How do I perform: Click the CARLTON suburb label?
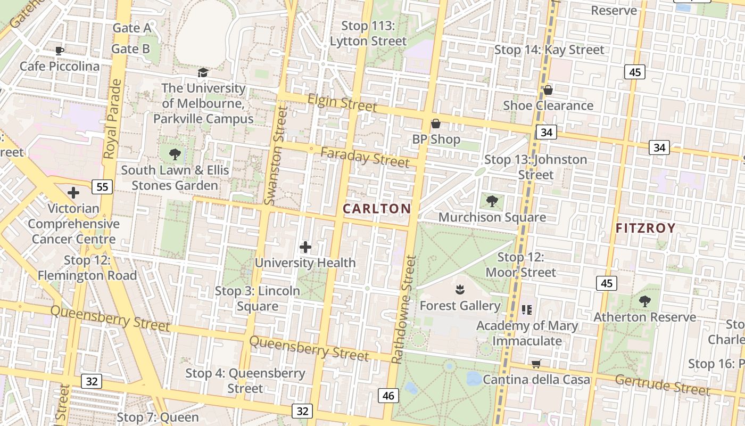pyautogui.click(x=377, y=209)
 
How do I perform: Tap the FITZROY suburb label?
pyautogui.click(x=645, y=228)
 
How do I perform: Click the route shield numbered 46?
pyautogui.click(x=388, y=395)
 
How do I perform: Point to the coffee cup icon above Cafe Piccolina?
pyautogui.click(x=60, y=51)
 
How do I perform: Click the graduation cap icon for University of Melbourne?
pyautogui.click(x=203, y=72)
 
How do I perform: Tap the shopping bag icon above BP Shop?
pyautogui.click(x=436, y=124)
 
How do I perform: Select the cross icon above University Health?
pyautogui.click(x=305, y=247)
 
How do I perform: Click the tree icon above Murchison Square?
pyautogui.click(x=492, y=201)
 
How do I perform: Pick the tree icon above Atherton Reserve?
pyautogui.click(x=645, y=301)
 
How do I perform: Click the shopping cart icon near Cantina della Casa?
pyautogui.click(x=536, y=364)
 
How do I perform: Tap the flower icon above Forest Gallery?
pyautogui.click(x=459, y=290)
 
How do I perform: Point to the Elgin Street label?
pyautogui.click(x=342, y=102)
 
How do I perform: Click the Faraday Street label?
pyautogui.click(x=365, y=157)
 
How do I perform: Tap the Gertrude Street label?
pyautogui.click(x=663, y=385)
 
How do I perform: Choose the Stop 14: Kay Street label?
pyautogui.click(x=549, y=50)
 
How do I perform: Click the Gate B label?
pyautogui.click(x=130, y=49)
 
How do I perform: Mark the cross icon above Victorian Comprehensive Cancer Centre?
pyautogui.click(x=73, y=193)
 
